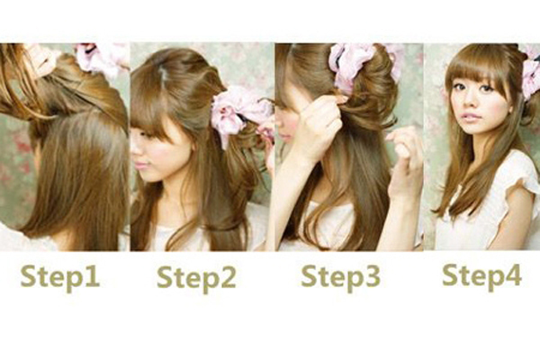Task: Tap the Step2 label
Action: click(x=196, y=278)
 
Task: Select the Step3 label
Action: click(x=340, y=277)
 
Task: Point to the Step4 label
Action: click(x=481, y=276)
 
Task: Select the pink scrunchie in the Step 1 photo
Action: click(x=103, y=58)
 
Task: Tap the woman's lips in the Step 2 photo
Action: click(x=139, y=165)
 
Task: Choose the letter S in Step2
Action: click(x=165, y=276)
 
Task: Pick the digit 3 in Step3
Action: click(x=373, y=275)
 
